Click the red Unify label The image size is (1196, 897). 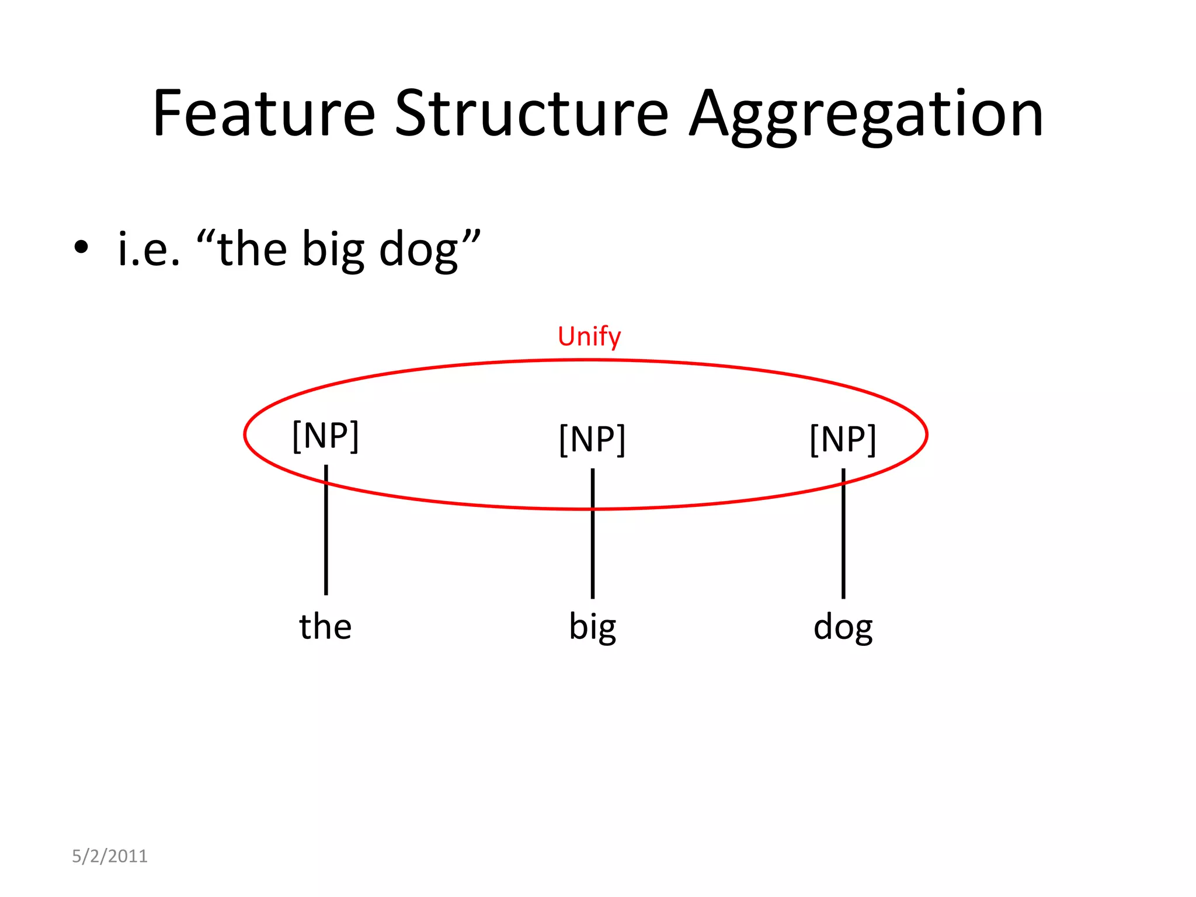point(589,336)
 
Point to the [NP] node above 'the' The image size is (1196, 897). point(325,436)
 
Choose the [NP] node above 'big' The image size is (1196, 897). point(592,439)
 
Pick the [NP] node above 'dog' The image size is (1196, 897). point(843,439)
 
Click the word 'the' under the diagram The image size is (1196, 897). point(325,626)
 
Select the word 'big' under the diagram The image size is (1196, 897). point(592,627)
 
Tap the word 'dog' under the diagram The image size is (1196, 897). point(843,627)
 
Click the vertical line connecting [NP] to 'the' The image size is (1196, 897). point(326,543)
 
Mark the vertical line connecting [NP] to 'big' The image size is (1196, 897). point(593,549)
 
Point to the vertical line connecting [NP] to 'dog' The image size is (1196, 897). point(843,549)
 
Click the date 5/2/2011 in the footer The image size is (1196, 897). point(110,856)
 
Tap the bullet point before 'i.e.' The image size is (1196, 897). point(81,248)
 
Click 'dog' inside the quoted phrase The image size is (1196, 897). point(418,250)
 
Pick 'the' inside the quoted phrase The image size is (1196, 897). point(252,249)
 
